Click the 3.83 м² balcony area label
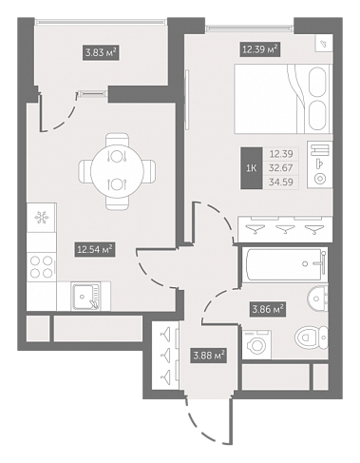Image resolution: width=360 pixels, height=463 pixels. pos(101,52)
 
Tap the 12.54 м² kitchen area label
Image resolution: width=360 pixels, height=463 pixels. pos(95,249)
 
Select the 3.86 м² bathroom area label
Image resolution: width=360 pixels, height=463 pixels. pos(268,309)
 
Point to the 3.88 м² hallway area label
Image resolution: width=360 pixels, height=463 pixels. pos(209,356)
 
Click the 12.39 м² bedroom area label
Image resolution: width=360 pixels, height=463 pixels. pos(260,49)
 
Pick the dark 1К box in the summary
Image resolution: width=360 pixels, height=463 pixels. pos(252,168)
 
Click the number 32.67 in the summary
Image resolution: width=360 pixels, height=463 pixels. pos(281,167)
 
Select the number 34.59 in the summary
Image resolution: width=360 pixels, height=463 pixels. pos(281,182)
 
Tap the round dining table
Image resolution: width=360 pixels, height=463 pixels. pos(117,171)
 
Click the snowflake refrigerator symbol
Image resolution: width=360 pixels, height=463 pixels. pos(42,218)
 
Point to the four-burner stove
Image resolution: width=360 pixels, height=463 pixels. pos(41,266)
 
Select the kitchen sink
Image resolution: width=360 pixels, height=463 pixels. pos(85,297)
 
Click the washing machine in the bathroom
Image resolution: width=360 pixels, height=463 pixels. pos(256,344)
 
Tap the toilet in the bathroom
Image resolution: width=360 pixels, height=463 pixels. pos(312,337)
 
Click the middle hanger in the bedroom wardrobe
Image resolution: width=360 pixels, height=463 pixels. pos(285,229)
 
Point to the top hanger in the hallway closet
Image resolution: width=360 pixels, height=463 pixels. pos(166,335)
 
